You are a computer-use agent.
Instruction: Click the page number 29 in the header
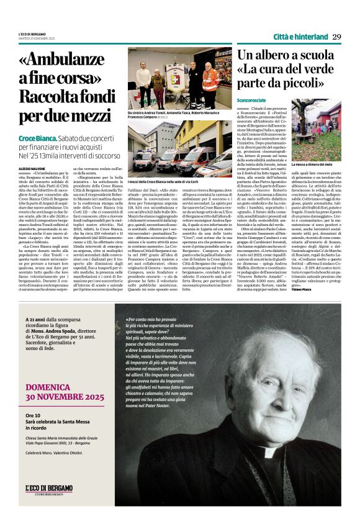tap(337, 37)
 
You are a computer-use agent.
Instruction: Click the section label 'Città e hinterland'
tap(300, 37)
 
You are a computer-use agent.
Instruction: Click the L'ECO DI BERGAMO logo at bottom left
tap(49, 489)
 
